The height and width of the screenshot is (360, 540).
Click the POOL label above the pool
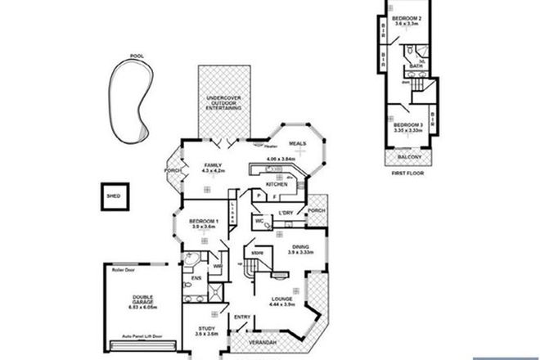click(135, 56)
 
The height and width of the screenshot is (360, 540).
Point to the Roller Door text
click(112, 268)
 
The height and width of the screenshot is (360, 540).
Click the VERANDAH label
click(262, 340)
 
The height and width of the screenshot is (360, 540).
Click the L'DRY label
click(286, 214)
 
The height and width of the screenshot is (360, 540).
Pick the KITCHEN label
click(276, 184)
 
